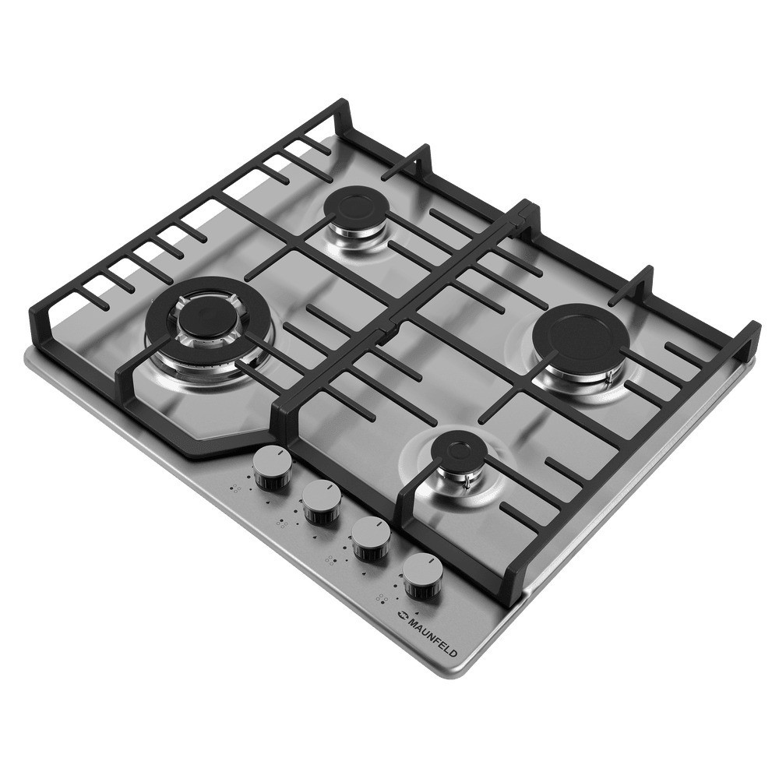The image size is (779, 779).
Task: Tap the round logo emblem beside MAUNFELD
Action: tap(400, 616)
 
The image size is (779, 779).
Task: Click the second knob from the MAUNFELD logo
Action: tap(370, 539)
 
